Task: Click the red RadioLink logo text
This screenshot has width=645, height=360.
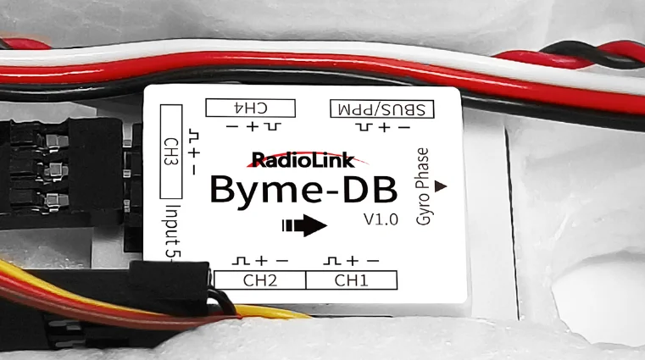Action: pyautogui.click(x=303, y=160)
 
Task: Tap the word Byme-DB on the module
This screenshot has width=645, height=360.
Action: pyautogui.click(x=303, y=189)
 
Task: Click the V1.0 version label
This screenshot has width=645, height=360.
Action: pyautogui.click(x=381, y=220)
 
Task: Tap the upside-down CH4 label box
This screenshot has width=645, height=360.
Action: pyautogui.click(x=251, y=108)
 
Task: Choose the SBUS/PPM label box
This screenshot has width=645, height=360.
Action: pyautogui.click(x=381, y=108)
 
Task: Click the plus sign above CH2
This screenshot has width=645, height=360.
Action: pyautogui.click(x=260, y=259)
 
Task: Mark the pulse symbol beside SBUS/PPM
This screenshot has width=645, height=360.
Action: pyautogui.click(x=363, y=127)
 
